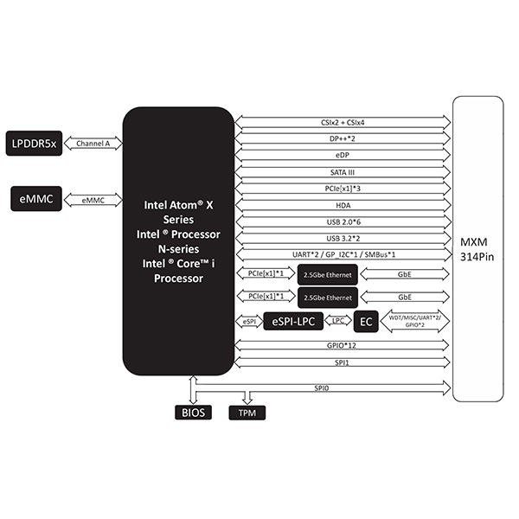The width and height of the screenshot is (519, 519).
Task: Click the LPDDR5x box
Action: pyautogui.click(x=33, y=144)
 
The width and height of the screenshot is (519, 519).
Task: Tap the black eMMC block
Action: pyautogui.click(x=32, y=200)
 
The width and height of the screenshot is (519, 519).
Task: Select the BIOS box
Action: pyautogui.click(x=192, y=413)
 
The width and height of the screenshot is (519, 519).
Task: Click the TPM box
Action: pyautogui.click(x=247, y=413)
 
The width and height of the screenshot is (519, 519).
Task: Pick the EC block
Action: pyautogui.click(x=366, y=322)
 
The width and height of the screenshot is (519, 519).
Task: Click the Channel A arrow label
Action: pyautogui.click(x=93, y=144)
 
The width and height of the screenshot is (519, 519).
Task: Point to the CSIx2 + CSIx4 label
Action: pyautogui.click(x=343, y=123)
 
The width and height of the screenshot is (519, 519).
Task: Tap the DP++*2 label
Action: pyautogui.click(x=343, y=138)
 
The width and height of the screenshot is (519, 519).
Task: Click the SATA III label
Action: pyautogui.click(x=343, y=172)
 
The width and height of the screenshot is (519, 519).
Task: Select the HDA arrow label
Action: pyautogui.click(x=343, y=205)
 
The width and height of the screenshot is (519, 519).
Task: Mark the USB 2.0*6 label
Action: pyautogui.click(x=343, y=221)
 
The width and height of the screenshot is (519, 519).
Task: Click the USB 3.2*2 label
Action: pyautogui.click(x=343, y=238)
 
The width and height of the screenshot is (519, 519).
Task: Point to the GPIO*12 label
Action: pyautogui.click(x=343, y=345)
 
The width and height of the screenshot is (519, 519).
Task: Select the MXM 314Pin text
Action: pyautogui.click(x=477, y=248)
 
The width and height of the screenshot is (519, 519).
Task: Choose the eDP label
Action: pyautogui.click(x=343, y=156)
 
